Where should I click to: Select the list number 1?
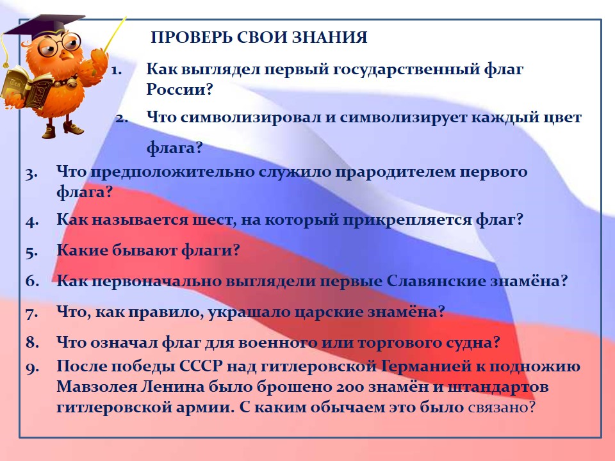tap(117, 70)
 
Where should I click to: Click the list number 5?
tap(32, 252)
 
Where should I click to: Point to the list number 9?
tap(33, 368)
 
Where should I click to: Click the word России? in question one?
tap(179, 89)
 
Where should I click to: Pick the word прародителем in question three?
tap(395, 172)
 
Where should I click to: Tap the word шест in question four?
tap(214, 220)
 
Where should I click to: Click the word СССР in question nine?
tap(201, 366)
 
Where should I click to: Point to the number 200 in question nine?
tap(350, 387)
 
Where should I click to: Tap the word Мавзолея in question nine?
tap(95, 387)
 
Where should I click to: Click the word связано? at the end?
tap(502, 407)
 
